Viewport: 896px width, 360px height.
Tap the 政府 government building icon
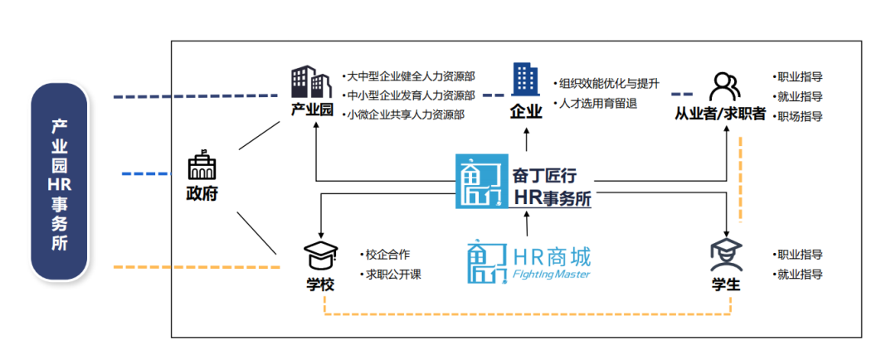[202, 167]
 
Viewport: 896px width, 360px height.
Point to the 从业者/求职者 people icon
[723, 86]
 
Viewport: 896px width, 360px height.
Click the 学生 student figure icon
[725, 255]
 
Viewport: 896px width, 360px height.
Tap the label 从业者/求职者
[720, 114]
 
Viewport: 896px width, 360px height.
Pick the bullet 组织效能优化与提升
[609, 84]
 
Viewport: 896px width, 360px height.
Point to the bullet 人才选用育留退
[598, 104]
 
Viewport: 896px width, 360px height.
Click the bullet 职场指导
[798, 116]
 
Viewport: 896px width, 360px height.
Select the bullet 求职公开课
[394, 274]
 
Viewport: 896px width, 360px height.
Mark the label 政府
[202, 195]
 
